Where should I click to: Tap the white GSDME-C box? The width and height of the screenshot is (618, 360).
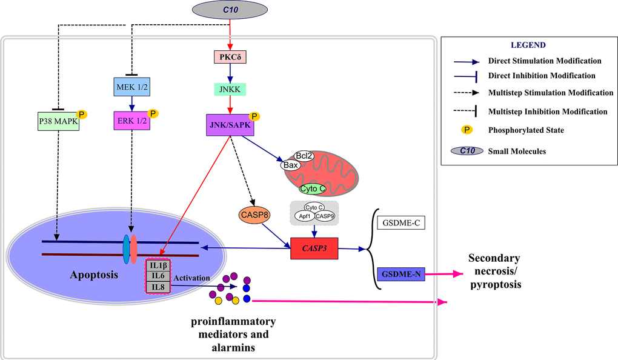click(400, 223)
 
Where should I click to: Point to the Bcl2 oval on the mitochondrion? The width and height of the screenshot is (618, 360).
click(304, 156)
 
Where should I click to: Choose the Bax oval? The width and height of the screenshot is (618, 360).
click(290, 164)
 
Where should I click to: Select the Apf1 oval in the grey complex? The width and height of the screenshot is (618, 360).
click(302, 216)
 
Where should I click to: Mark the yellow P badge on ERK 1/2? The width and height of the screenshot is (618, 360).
click(153, 113)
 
